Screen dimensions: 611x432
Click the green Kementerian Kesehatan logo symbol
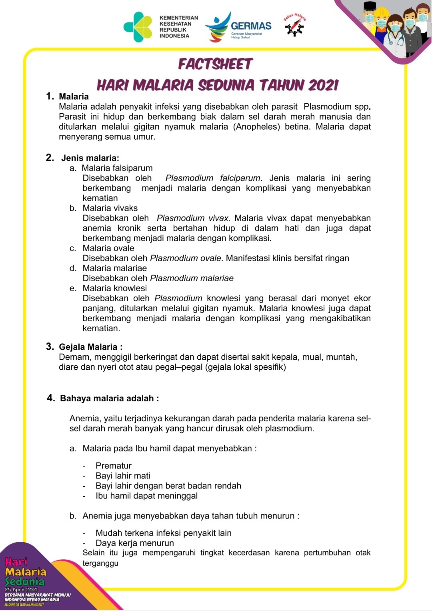tap(138, 27)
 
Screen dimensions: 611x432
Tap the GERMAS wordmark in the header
tap(251, 26)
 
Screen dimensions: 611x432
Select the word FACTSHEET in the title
tap(215, 64)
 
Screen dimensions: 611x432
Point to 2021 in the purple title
tap(323, 85)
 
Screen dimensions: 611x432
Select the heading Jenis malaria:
tap(90, 158)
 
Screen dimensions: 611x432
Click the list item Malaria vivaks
tap(110, 208)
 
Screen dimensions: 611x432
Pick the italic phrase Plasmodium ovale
tap(185, 258)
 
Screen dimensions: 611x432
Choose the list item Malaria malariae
tap(115, 268)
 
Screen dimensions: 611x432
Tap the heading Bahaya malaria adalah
tap(107, 399)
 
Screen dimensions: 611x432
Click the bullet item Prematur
tap(114, 466)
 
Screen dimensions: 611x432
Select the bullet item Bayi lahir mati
tap(123, 476)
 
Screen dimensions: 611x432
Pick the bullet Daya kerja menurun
tap(135, 543)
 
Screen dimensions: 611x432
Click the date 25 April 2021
tap(21, 589)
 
